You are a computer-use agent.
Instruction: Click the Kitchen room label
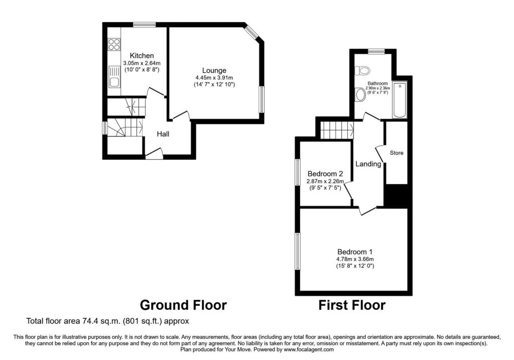pos(142,56)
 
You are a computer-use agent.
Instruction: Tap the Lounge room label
pos(214,70)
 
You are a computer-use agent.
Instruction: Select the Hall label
pos(163,134)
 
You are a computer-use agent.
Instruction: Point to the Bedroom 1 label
pos(355,252)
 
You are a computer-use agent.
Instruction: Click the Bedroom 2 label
pos(325,174)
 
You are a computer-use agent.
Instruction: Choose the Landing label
pos(368,164)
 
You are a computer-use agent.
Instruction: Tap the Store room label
pos(397,153)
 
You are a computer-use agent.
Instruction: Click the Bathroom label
pos(377,84)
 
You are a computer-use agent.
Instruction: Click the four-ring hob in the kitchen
pos(114,44)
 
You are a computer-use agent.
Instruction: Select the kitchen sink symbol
pos(114,77)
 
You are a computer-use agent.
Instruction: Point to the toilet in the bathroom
pos(362,70)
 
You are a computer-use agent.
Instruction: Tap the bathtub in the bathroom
pos(400,100)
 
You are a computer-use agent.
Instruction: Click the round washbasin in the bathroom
pos(360,95)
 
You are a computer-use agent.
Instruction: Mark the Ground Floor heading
pos(183,305)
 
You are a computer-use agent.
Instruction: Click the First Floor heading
pos(352,305)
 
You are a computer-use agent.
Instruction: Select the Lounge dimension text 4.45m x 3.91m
pos(214,78)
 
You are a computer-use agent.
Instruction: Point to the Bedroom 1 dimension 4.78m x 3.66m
pos(355,259)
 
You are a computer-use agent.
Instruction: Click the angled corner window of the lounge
pos(252,32)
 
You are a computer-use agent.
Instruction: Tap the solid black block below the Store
pos(397,196)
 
